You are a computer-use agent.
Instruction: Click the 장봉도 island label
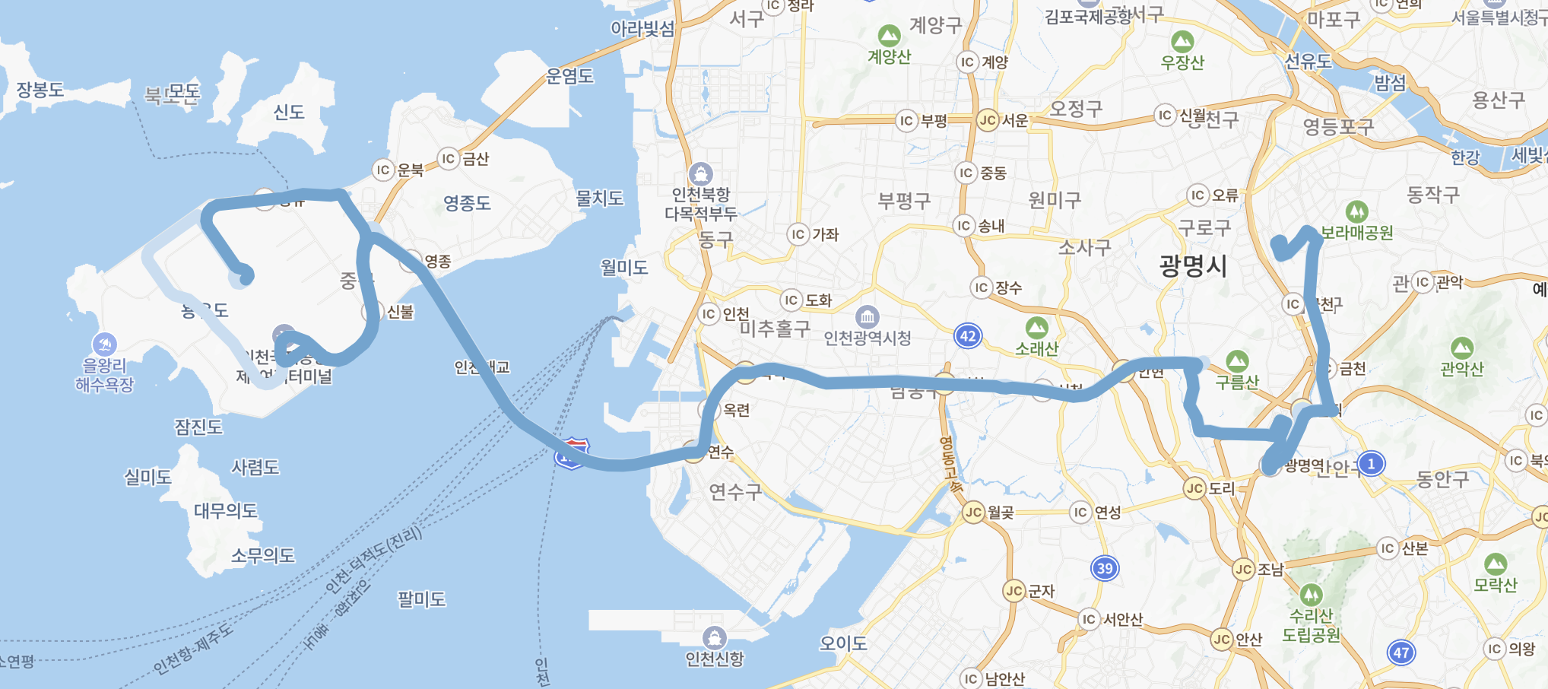point(40,90)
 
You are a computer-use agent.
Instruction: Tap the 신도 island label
point(289,113)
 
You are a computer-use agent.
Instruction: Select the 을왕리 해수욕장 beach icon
point(104,344)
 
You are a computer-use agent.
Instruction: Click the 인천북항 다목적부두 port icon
point(700,174)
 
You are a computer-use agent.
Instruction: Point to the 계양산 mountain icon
point(889,36)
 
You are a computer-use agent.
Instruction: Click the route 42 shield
point(968,336)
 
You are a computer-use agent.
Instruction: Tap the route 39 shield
point(1105,568)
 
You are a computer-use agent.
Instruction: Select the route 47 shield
point(1401,652)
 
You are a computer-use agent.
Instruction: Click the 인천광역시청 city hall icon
point(868,316)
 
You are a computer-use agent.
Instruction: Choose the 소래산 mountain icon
point(1036,329)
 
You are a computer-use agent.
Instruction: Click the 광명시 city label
point(1192,266)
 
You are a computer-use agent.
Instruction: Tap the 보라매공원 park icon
point(1356,211)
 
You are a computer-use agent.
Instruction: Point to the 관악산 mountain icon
point(1461,349)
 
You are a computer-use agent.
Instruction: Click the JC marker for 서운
point(988,120)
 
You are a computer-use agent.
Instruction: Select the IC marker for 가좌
point(798,234)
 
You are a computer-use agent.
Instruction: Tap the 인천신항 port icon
point(714,637)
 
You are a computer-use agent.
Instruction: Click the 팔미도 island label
point(421,599)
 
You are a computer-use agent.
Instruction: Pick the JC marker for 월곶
point(974,513)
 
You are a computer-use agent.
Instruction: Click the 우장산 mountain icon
point(1182,42)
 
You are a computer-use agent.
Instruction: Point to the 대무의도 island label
point(226,510)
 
